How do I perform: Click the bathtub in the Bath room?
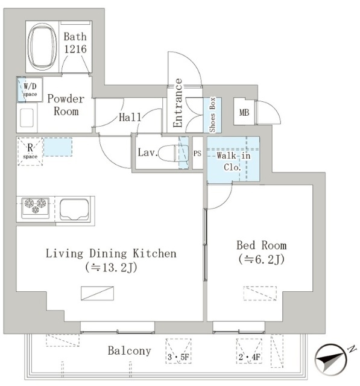42,46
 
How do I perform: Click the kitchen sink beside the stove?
74,210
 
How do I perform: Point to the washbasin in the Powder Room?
27,118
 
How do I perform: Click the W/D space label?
30,90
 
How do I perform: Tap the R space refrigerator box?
30,151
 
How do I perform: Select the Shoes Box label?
212,115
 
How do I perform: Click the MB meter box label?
244,113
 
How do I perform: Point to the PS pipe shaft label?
197,153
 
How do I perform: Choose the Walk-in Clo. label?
233,161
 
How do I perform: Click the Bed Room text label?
261,245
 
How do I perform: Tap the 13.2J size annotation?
111,267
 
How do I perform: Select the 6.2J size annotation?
261,259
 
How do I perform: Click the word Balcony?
129,351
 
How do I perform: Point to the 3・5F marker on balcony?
178,356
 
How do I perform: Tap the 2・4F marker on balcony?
249,356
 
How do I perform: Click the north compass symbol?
332,359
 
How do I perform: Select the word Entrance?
178,103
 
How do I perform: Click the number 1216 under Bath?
75,49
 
